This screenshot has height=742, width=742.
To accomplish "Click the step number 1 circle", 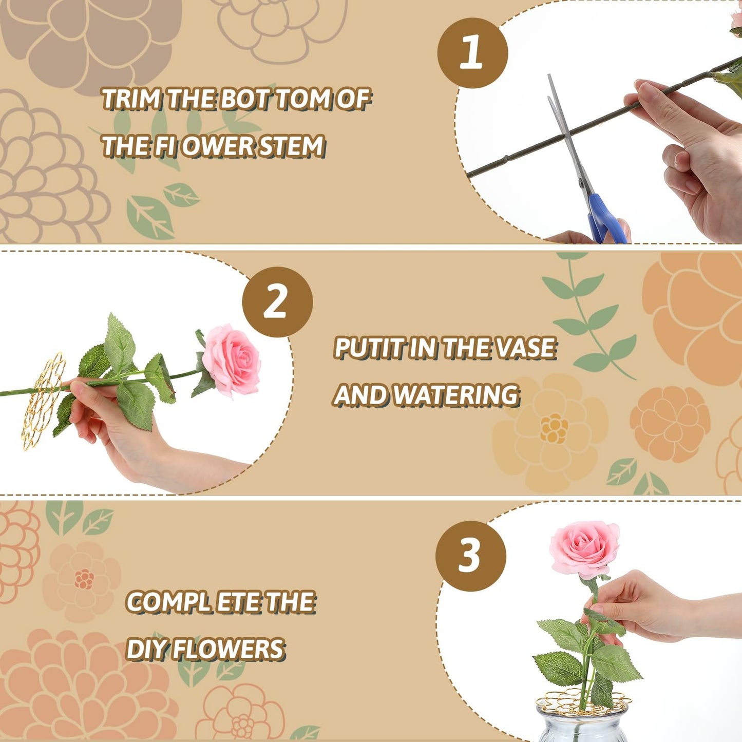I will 472,53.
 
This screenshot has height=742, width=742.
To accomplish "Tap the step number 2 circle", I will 277,302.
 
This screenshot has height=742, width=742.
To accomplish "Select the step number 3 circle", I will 470,556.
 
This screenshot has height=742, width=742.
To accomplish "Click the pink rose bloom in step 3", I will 583,548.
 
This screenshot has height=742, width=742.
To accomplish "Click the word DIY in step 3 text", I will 146,649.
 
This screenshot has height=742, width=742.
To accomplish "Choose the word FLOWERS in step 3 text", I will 228,649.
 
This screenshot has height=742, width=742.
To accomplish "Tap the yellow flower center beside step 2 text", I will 554,428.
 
